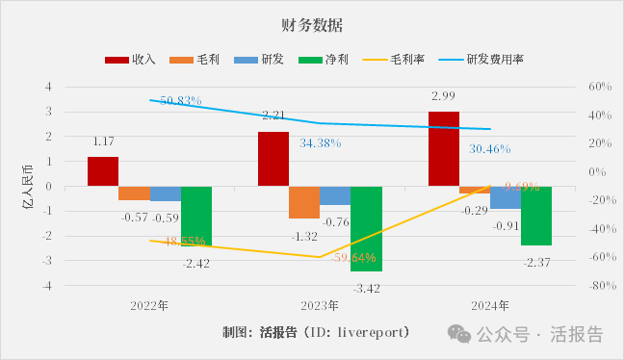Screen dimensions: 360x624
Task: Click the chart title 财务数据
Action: tap(311, 23)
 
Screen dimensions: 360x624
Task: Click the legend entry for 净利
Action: tap(317, 59)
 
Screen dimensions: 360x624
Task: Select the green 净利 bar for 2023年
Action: tap(366, 228)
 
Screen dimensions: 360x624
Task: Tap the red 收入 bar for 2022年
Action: tap(103, 171)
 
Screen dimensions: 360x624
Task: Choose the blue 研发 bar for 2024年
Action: tap(505, 197)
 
